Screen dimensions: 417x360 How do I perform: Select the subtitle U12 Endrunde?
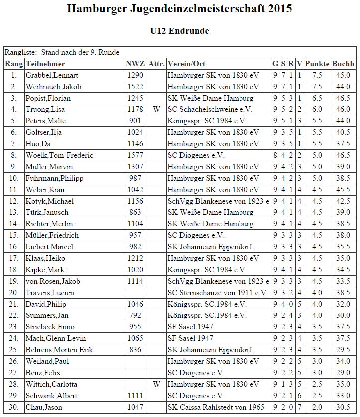point(179,31)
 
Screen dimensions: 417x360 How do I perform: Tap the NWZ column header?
point(135,64)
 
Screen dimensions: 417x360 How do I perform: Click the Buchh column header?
point(343,64)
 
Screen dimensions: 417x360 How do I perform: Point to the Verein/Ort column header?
point(187,64)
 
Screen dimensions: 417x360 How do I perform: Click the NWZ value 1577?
point(135,155)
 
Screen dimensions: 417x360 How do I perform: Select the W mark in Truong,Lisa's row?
point(156,109)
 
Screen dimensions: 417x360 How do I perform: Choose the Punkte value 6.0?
point(317,109)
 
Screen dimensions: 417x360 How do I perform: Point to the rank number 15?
point(13,235)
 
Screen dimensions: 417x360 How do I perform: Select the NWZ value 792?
point(135,315)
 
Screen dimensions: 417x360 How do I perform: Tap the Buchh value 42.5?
point(343,201)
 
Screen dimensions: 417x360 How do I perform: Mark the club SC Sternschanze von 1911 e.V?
point(217,293)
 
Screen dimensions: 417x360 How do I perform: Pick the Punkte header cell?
point(317,64)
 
